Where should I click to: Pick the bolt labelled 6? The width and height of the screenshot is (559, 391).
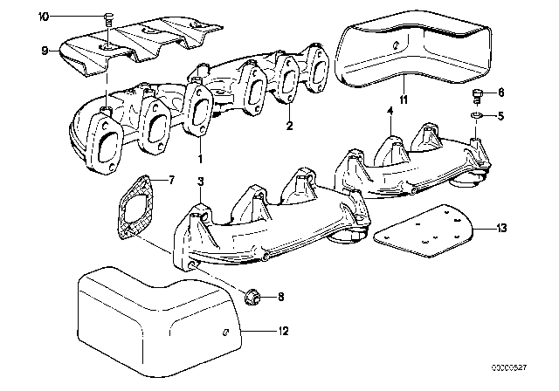(x=476, y=94)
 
